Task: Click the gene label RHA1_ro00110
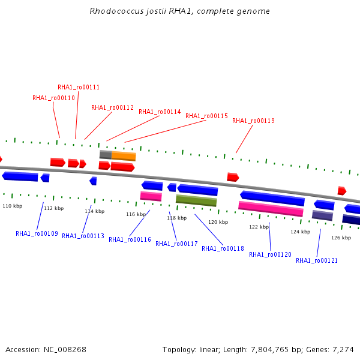click(x=53, y=98)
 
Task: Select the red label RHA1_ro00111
click(x=79, y=87)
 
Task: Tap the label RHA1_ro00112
click(x=112, y=107)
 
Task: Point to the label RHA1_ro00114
click(x=160, y=112)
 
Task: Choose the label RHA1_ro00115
click(x=206, y=116)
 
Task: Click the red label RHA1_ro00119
click(x=253, y=121)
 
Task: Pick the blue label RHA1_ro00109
click(x=37, y=233)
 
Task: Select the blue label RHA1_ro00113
click(x=83, y=236)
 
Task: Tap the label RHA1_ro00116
click(x=130, y=239)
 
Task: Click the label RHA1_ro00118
click(x=223, y=248)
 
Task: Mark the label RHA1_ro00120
click(x=270, y=254)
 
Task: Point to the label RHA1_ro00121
click(x=317, y=260)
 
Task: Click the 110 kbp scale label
click(x=13, y=206)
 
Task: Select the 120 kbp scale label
click(x=218, y=222)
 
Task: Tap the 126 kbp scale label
click(x=341, y=238)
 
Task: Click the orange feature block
click(x=124, y=156)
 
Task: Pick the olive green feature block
click(x=196, y=200)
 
